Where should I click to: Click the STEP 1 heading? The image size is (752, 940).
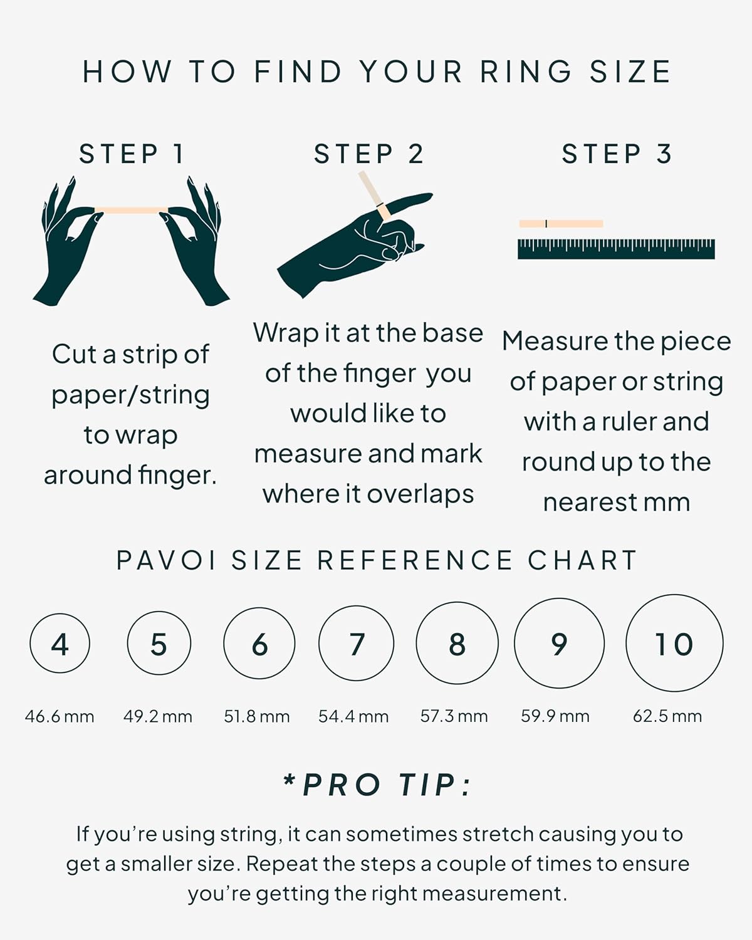[132, 154]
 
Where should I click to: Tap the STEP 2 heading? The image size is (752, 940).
[369, 154]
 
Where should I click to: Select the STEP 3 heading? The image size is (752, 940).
[617, 154]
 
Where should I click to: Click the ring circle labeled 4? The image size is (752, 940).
[60, 644]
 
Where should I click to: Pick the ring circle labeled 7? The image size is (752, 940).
[356, 644]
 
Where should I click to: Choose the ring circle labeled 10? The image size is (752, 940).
[674, 644]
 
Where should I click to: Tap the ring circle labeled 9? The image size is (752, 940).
[559, 644]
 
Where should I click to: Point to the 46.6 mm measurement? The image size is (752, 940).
[60, 716]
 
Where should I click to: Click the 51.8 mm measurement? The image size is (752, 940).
[257, 716]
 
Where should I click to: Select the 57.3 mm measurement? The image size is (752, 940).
[454, 716]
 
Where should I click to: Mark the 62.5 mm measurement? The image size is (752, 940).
[667, 716]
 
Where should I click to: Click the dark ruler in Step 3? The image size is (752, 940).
[616, 249]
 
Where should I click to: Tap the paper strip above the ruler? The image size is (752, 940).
[561, 224]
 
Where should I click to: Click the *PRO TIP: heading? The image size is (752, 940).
[378, 785]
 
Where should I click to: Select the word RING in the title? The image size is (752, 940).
[526, 71]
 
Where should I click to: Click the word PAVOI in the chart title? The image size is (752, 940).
[167, 560]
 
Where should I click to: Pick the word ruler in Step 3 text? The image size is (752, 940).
[629, 422]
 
